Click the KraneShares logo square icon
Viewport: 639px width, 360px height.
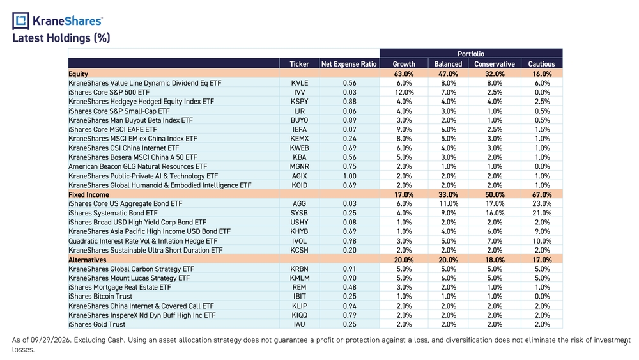(20, 21)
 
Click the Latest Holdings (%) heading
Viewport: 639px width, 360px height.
(61, 38)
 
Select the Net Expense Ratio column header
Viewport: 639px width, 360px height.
(349, 64)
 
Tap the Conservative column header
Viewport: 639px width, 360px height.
(495, 64)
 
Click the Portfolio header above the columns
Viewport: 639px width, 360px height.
(471, 54)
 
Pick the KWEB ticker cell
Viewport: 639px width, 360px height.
(300, 148)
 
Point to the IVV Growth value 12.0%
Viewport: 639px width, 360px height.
(404, 92)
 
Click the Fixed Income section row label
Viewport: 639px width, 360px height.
(88, 194)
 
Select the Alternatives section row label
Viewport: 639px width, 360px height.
(87, 260)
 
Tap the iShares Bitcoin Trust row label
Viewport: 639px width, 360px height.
(100, 297)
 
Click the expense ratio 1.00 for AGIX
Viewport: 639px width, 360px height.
(350, 176)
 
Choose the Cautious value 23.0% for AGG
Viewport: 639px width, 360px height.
(542, 203)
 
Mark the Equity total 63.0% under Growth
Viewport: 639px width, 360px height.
(404, 74)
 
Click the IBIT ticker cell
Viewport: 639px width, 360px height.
(300, 297)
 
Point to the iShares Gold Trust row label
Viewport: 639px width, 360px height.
(97, 324)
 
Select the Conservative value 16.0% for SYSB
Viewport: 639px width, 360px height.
(495, 213)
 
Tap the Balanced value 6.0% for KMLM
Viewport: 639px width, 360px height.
(449, 278)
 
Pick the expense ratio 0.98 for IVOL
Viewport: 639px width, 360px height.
(350, 241)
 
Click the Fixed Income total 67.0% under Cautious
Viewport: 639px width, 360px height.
(542, 194)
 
